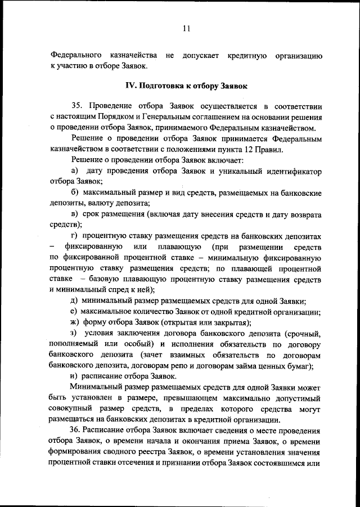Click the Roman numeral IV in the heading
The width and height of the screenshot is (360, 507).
coord(128,87)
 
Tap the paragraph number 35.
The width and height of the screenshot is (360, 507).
coord(77,106)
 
